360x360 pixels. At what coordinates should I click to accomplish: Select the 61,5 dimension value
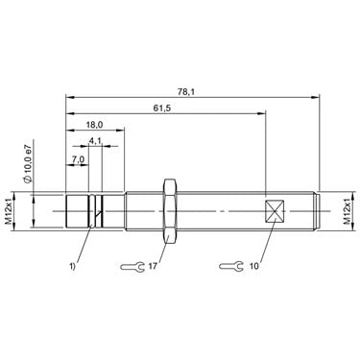click(162, 108)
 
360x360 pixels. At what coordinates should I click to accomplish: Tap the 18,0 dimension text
click(94, 125)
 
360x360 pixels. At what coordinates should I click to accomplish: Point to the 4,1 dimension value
click(95, 140)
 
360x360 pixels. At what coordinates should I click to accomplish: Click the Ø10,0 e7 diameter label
click(28, 162)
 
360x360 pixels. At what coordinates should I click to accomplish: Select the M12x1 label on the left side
click(9, 211)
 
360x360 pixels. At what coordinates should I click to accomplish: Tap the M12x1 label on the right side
click(347, 211)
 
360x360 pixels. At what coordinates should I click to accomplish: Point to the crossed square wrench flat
click(275, 211)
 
